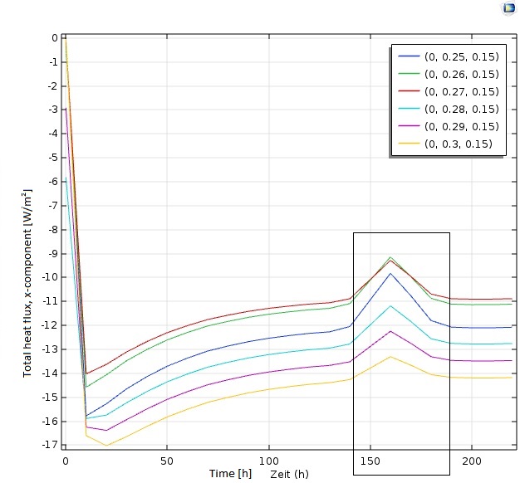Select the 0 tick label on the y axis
coord(54,38)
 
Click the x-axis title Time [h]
coord(230,473)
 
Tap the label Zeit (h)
coord(289,474)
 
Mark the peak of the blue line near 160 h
coord(390,273)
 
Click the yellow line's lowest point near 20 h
coord(106,446)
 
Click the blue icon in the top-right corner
coord(508,8)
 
